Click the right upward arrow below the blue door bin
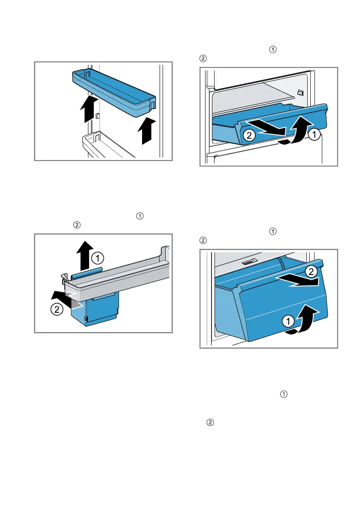click(146, 130)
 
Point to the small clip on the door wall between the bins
click(98, 116)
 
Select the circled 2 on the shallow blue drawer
click(248, 136)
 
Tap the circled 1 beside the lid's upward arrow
click(98, 258)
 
